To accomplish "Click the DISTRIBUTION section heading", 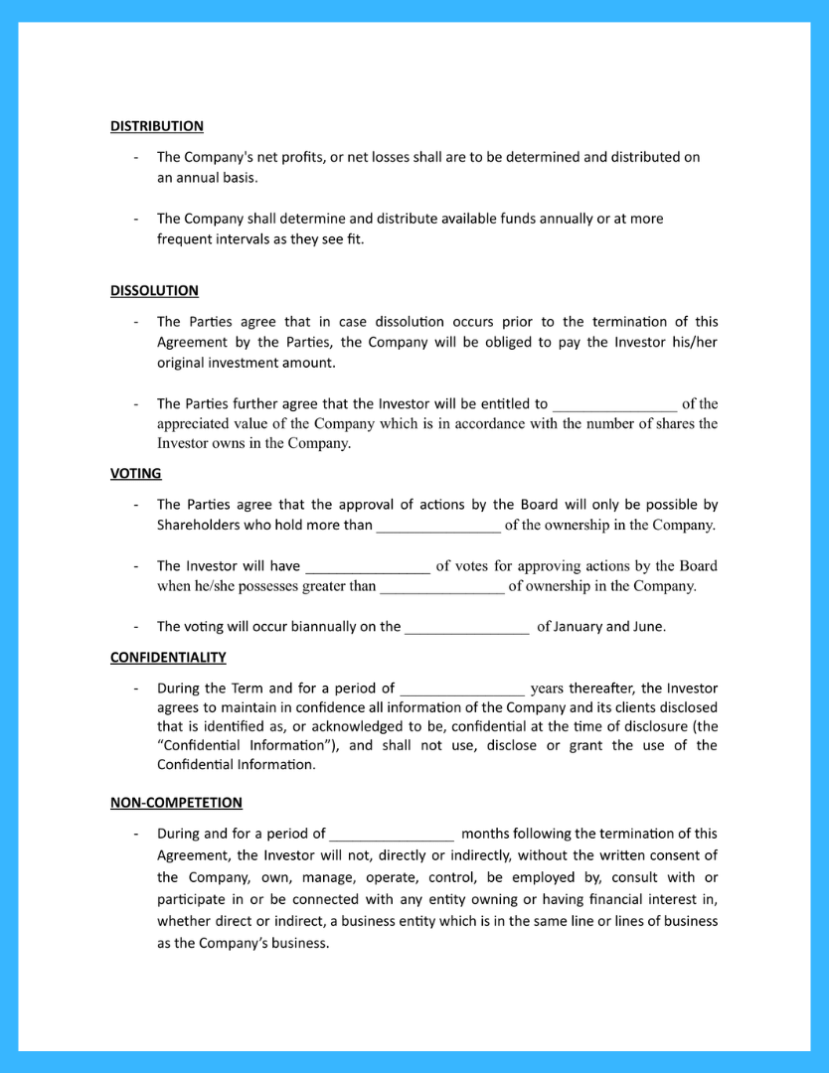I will pyautogui.click(x=156, y=126).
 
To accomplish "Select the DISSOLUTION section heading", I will pyautogui.click(x=154, y=290).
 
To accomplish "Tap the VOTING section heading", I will pyautogui.click(x=135, y=474).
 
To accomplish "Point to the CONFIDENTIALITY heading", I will pyautogui.click(x=168, y=657).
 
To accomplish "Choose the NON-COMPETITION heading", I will pyautogui.click(x=176, y=802).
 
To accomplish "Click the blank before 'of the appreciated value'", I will pyautogui.click(x=614, y=404).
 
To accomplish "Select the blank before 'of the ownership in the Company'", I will pyautogui.click(x=438, y=526).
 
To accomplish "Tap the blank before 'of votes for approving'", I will pyautogui.click(x=367, y=566).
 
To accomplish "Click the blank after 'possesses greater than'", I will pyautogui.click(x=442, y=586).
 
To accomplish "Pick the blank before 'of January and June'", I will pyautogui.click(x=467, y=627).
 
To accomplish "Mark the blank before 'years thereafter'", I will pyautogui.click(x=462, y=689).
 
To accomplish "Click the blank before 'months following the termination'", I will pyautogui.click(x=392, y=835).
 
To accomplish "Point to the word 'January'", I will pyautogui.click(x=579, y=627).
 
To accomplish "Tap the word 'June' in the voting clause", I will pyautogui.click(x=647, y=627).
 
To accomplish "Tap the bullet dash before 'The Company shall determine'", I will pyautogui.click(x=135, y=219).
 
